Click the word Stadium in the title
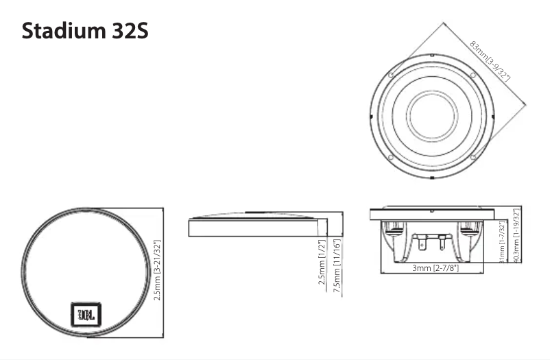61,32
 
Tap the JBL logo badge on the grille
86,315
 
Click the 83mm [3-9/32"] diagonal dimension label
490,62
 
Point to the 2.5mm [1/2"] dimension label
322,267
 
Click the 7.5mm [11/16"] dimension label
337,267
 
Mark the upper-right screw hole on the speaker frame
473,75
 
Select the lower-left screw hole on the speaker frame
390,157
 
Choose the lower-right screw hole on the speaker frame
473,157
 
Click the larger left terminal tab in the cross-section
426,243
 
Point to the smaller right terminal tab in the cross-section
442,243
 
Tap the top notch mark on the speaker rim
432,55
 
